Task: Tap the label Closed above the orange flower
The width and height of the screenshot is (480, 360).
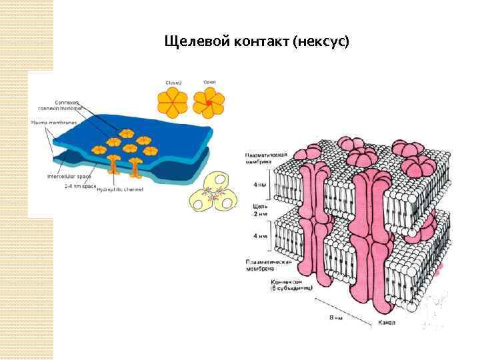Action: pos(173,83)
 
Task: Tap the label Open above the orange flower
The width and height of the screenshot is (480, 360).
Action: pos(209,83)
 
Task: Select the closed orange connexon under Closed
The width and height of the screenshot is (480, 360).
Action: pos(173,103)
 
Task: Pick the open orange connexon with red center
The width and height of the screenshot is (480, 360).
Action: pos(209,103)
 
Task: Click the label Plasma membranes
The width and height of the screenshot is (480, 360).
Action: pos(54,123)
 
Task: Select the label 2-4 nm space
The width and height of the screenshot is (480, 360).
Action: pos(81,187)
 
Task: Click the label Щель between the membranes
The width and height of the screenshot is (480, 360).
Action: pos(261,207)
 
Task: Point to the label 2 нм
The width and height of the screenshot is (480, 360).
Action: pos(261,215)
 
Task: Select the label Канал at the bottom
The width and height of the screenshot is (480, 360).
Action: pos(387,323)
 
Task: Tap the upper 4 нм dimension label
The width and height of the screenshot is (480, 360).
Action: pos(261,185)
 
